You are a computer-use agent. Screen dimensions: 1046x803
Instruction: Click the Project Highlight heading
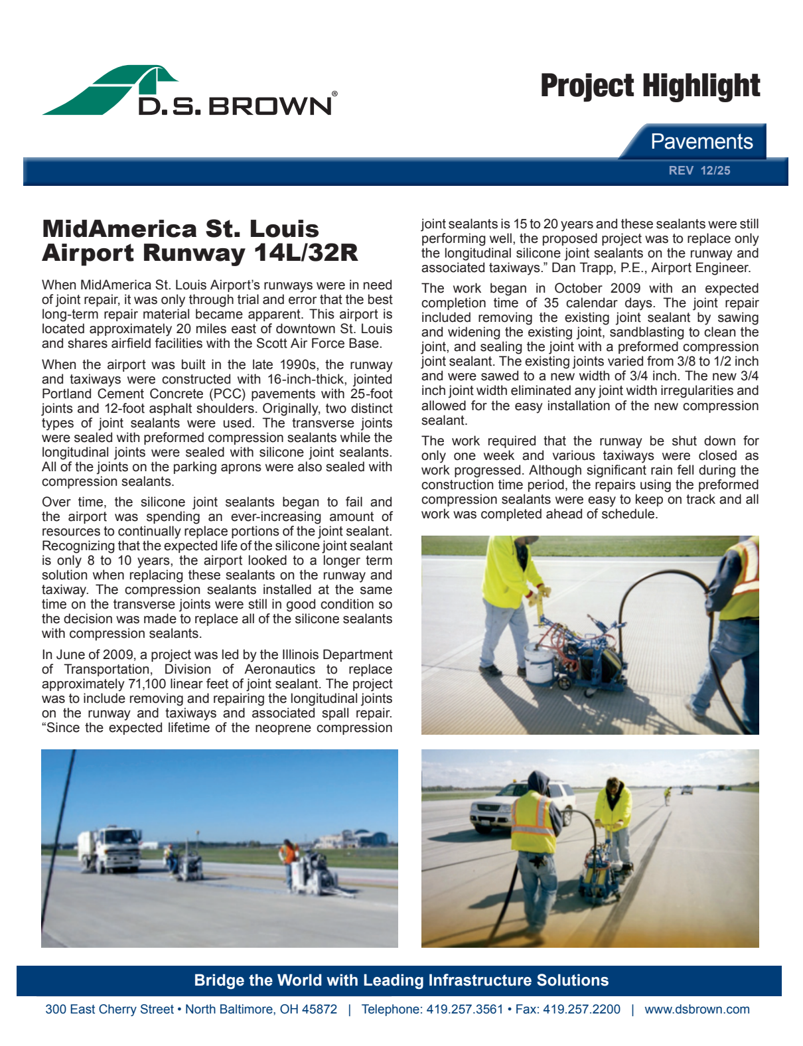[650, 86]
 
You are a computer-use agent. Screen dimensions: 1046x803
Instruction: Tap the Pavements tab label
[701, 141]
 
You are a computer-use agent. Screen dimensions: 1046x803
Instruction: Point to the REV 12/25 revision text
[699, 171]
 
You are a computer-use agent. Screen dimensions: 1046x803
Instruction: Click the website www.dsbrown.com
[697, 1009]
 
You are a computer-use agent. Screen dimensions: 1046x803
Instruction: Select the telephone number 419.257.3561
[465, 1009]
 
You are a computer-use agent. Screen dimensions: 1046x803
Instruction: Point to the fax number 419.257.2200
[581, 1009]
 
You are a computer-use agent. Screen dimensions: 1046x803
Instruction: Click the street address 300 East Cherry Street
[110, 1009]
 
